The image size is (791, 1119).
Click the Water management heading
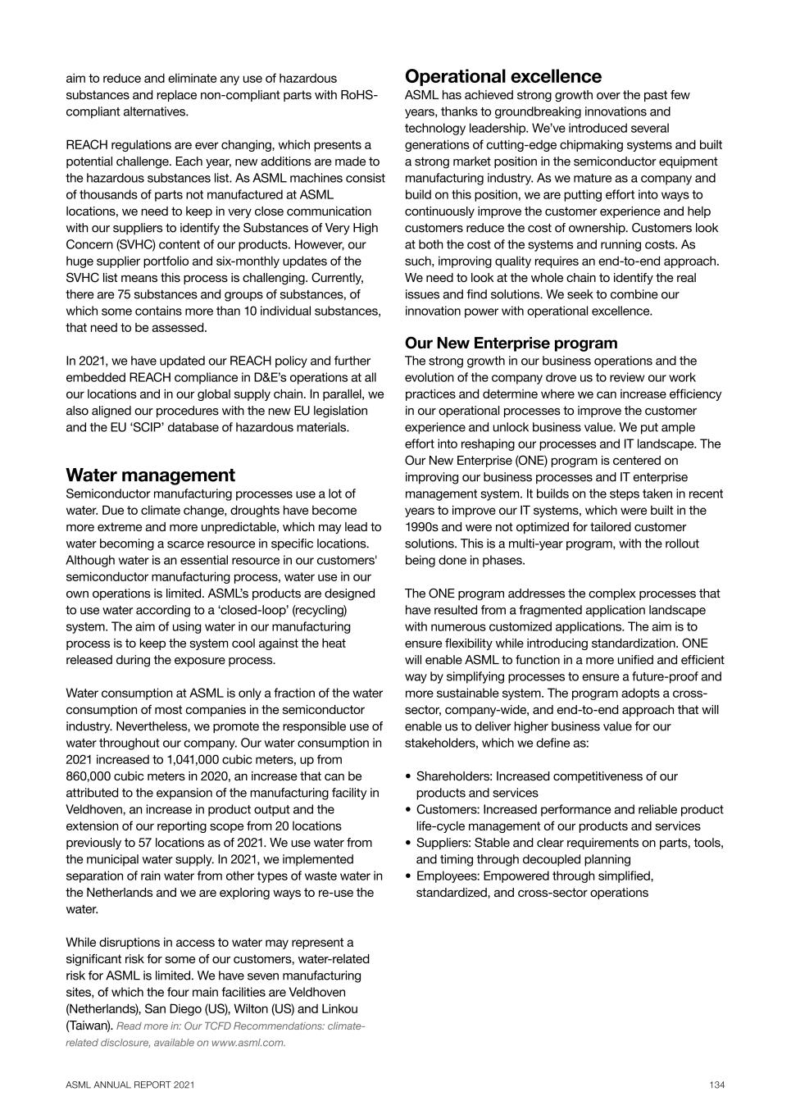(x=150, y=475)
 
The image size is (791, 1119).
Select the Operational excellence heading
(x=502, y=77)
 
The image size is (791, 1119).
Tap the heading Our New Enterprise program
(x=511, y=343)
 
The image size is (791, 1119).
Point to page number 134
(x=717, y=1085)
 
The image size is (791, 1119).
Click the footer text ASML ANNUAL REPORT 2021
(x=130, y=1085)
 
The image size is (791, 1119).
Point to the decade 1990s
(x=422, y=527)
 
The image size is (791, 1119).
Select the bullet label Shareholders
(x=452, y=776)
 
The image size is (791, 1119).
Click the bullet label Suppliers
(x=443, y=843)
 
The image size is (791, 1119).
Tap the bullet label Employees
(x=447, y=876)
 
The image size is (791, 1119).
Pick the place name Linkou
(x=340, y=1009)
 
